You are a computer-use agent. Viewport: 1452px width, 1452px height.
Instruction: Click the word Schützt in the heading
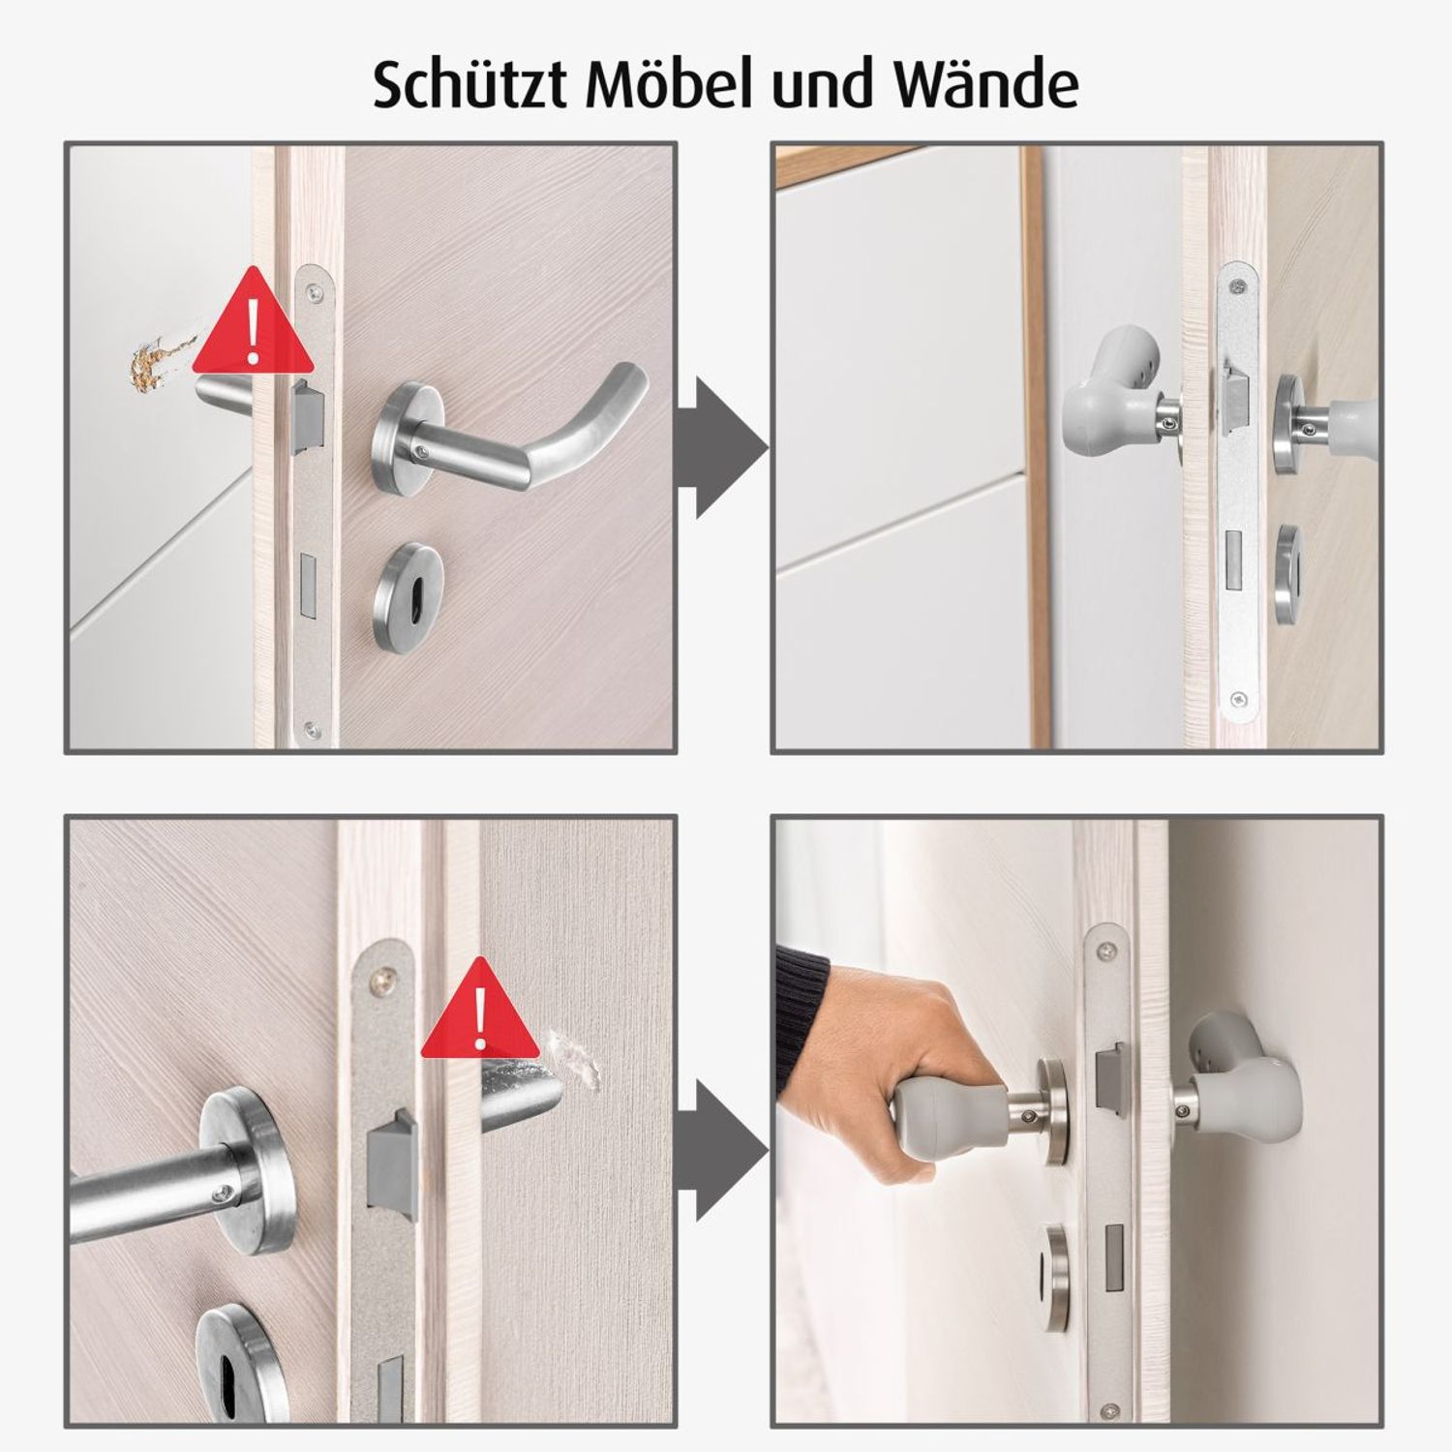pyautogui.click(x=470, y=85)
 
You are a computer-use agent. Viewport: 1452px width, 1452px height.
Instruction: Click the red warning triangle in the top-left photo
pyautogui.click(x=254, y=324)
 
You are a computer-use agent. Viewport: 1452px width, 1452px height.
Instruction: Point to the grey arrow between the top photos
pyautogui.click(x=720, y=448)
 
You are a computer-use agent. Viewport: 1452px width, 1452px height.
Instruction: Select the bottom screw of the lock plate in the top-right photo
pyautogui.click(x=1240, y=699)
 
